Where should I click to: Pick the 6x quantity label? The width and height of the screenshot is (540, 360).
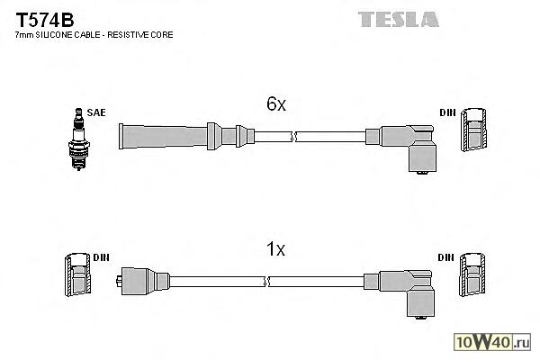coord(275,105)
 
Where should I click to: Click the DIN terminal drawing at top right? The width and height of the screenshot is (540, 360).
coord(474,134)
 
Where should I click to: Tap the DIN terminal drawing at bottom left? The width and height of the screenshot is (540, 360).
coord(76,276)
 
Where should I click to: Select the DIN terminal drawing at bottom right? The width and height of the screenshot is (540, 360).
coord(474,276)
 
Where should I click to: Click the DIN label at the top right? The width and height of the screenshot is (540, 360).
coord(447,112)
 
